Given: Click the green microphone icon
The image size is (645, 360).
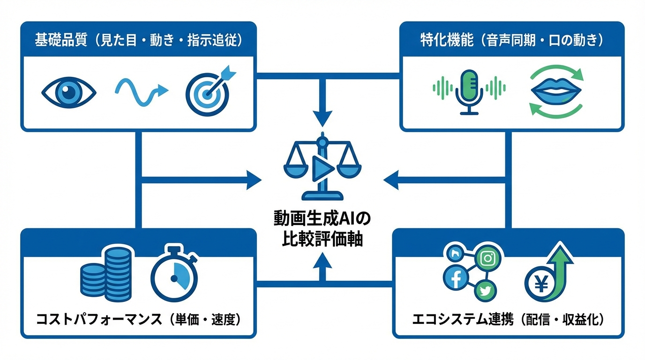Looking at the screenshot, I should point(469,90).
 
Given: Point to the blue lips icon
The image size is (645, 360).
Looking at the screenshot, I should point(556,90).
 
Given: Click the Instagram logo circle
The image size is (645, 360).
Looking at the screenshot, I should point(487,258).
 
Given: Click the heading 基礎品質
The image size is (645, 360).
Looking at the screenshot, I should point(61,40).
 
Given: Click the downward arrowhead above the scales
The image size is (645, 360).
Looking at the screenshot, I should point(322,118).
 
